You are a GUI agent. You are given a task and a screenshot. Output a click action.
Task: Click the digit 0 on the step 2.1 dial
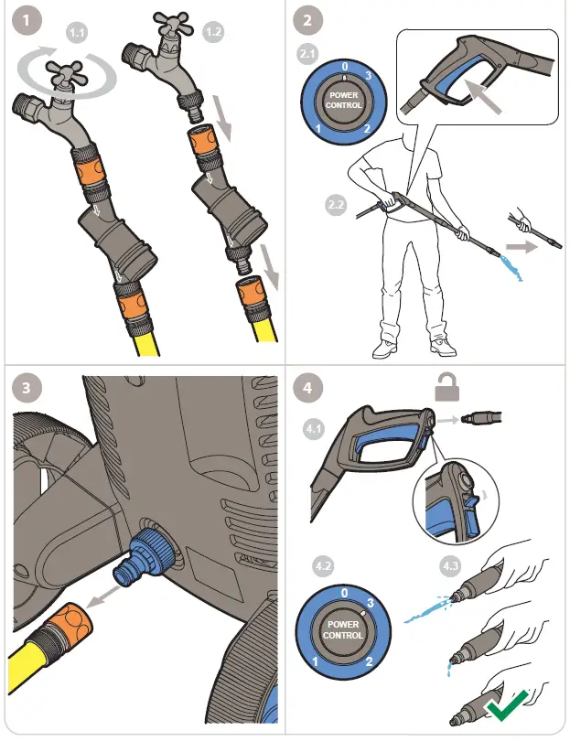[x=343, y=68]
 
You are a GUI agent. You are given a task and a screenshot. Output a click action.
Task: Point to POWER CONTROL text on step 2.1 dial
[x=344, y=100]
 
